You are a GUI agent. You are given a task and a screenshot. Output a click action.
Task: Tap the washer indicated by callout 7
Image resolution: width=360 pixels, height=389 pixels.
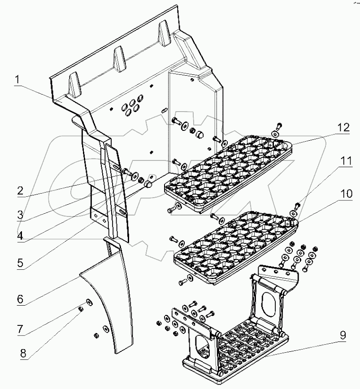[x=89, y=302]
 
